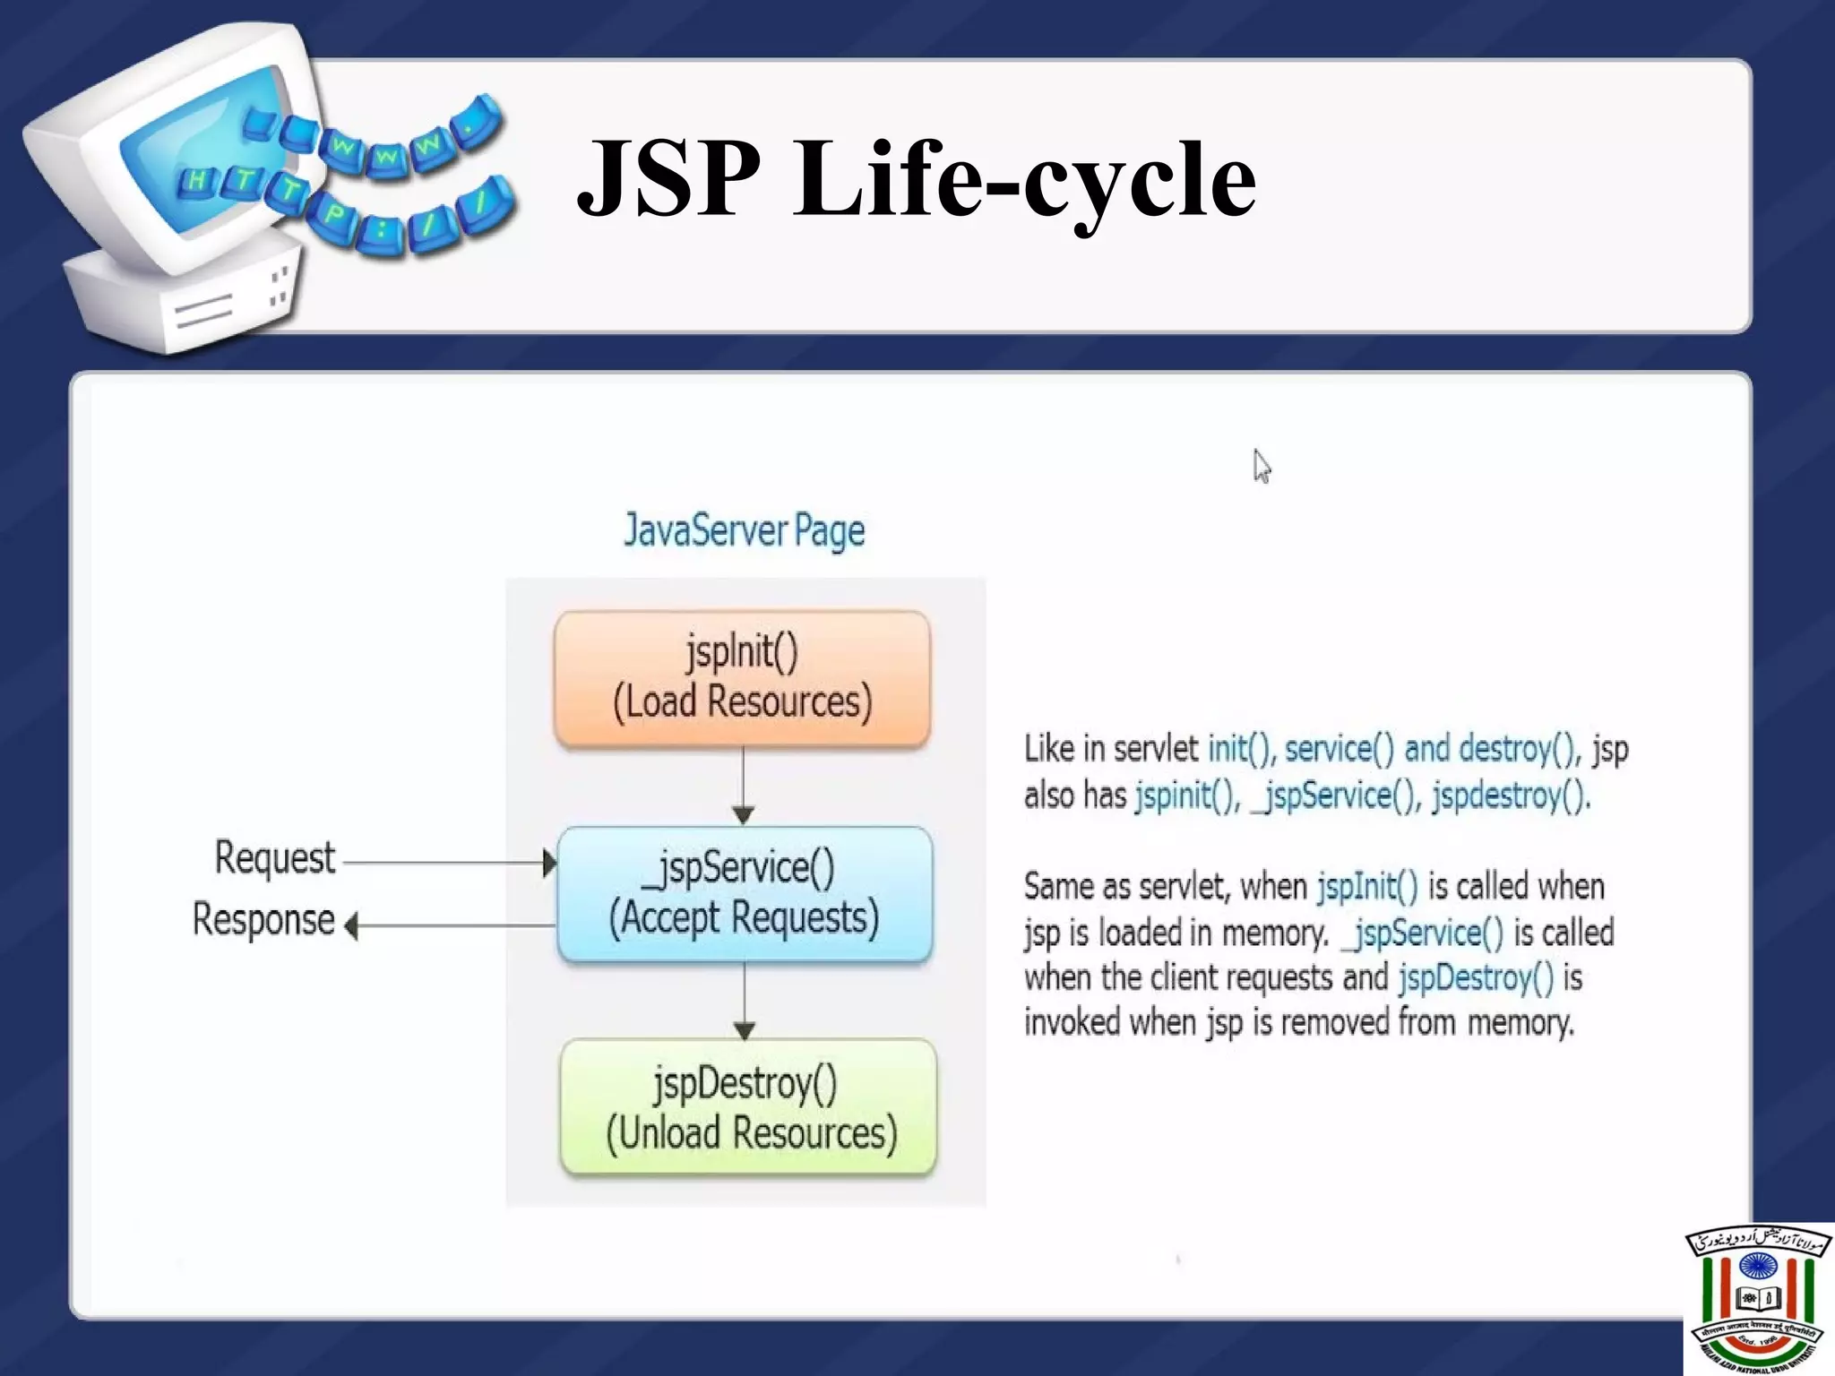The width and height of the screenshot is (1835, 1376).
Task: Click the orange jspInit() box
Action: coord(742,678)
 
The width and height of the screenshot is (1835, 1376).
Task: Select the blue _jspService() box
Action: coord(745,894)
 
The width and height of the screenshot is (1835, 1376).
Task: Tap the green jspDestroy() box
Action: coord(749,1107)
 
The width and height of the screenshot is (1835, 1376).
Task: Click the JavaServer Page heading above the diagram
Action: coord(745,530)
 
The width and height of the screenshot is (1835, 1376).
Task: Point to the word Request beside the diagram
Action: coord(274,858)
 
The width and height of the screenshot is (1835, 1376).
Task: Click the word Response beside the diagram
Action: coord(263,920)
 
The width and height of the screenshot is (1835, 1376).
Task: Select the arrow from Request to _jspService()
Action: coord(444,863)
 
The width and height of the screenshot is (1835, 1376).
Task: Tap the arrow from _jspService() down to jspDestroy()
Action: coord(745,1000)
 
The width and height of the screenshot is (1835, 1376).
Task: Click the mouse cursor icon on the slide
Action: coord(1262,467)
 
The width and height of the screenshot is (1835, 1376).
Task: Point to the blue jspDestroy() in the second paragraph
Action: coord(1476,977)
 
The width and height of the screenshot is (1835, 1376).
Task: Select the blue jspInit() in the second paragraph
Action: coord(1367,887)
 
